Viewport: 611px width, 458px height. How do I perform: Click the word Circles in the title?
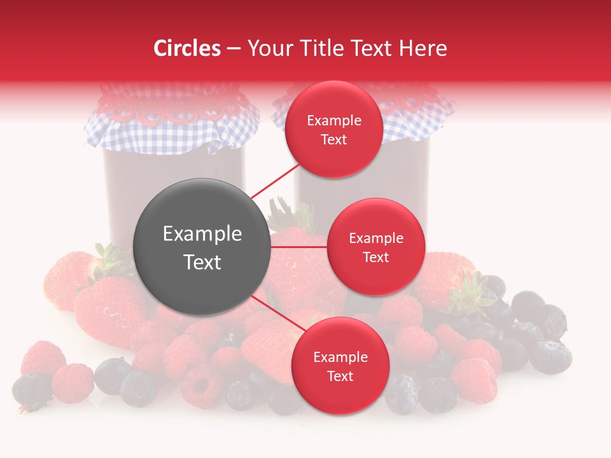coord(186,48)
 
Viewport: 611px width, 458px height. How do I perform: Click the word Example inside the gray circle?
coord(202,234)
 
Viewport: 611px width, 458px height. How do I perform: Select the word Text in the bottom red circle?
coord(340,376)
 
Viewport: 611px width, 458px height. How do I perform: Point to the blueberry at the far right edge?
coord(551,356)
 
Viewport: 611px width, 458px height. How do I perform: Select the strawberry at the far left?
coord(67,280)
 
